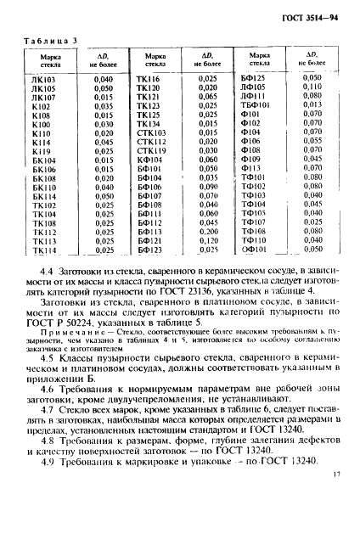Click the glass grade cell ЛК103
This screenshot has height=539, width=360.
click(x=43, y=78)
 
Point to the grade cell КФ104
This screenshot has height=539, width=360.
click(x=149, y=159)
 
